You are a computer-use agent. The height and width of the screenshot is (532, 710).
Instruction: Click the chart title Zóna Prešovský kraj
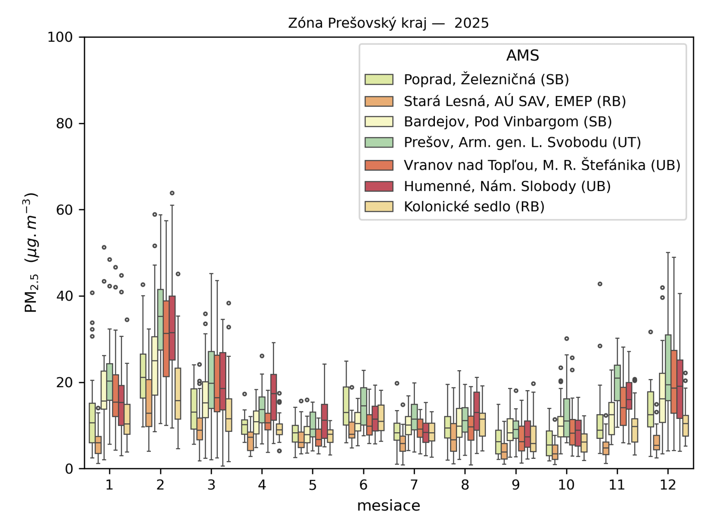(388, 23)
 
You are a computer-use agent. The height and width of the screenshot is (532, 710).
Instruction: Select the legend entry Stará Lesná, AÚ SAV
(514, 101)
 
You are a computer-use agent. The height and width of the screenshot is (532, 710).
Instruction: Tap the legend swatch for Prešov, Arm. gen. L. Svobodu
(379, 142)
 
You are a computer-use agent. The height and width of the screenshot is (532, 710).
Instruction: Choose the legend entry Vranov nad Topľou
(541, 165)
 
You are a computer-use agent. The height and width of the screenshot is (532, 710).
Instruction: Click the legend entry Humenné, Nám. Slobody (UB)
(507, 186)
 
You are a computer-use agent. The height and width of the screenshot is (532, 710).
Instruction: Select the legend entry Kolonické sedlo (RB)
(473, 207)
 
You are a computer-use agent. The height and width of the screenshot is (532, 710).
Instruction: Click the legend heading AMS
(522, 55)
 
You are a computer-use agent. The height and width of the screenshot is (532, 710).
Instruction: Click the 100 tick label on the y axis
(60, 37)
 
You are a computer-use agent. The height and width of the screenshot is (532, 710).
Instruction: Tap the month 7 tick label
(414, 485)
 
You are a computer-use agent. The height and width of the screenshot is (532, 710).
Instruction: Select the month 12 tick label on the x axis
(667, 485)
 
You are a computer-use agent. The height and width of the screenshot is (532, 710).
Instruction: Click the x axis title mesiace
(388, 505)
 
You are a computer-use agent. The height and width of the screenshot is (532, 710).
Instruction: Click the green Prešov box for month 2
(161, 319)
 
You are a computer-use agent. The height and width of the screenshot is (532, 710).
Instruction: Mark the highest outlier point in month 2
(172, 193)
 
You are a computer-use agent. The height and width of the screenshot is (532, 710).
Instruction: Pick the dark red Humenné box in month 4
(274, 397)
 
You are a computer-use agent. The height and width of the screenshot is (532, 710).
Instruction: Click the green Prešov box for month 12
(668, 368)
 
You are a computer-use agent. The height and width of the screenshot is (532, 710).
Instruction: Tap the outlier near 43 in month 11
(600, 284)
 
